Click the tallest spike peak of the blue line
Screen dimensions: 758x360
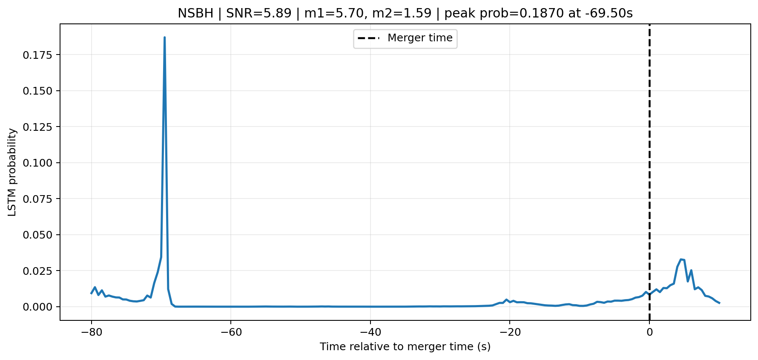pyautogui.click(x=164, y=37)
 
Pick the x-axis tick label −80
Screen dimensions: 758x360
pyautogui.click(x=91, y=332)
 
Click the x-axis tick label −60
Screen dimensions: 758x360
pyautogui.click(x=231, y=332)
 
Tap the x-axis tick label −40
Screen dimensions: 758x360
pyautogui.click(x=370, y=332)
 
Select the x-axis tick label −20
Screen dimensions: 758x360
pyautogui.click(x=510, y=332)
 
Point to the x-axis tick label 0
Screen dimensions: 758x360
pyautogui.click(x=649, y=332)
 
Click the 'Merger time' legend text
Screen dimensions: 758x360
pyautogui.click(x=420, y=38)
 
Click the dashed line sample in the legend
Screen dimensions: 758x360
pyautogui.click(x=368, y=38)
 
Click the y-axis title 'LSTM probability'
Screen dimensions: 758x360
pyautogui.click(x=12, y=172)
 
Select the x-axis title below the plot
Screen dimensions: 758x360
pyautogui.click(x=405, y=347)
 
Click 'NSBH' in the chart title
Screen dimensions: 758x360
pyautogui.click(x=195, y=14)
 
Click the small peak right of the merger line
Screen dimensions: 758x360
pyautogui.click(x=681, y=259)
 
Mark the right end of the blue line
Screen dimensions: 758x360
pyautogui.click(x=719, y=303)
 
